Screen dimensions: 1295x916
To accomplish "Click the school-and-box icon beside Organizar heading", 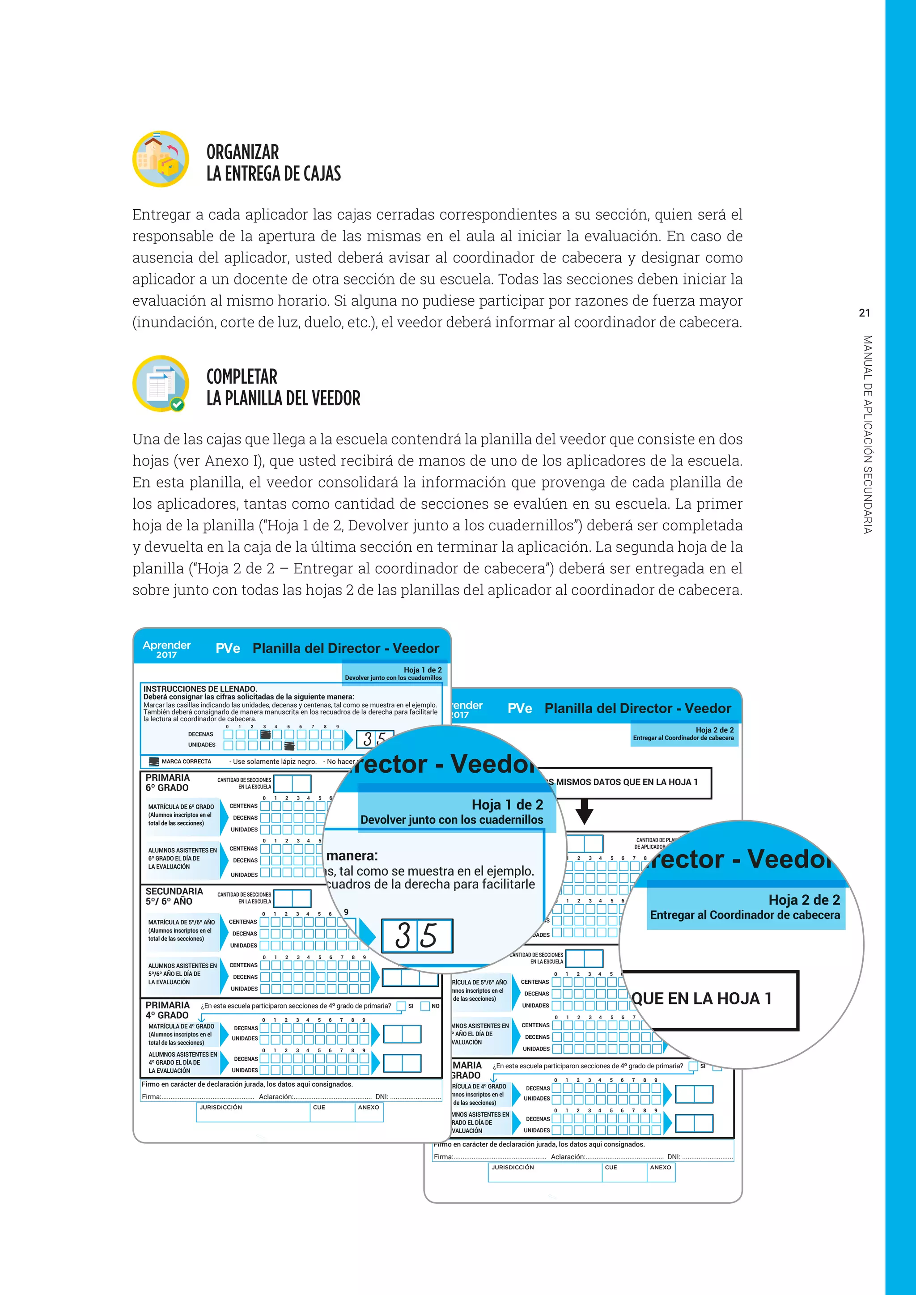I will point(161,159).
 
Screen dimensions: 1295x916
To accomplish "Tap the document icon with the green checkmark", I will point(161,384).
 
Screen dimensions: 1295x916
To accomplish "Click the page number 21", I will point(865,313).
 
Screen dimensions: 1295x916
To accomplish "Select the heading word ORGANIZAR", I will point(242,152).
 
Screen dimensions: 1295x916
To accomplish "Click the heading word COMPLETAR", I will point(242,377).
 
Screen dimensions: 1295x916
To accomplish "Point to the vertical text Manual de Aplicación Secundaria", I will point(868,434).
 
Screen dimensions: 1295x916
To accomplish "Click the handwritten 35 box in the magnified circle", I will point(417,936).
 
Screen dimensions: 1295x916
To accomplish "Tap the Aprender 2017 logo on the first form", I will point(166,649).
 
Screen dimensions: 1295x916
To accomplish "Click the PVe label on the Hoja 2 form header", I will point(519,709).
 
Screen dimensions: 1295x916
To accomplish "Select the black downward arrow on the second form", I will point(584,812).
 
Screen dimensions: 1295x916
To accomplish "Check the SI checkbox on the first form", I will point(401,1006).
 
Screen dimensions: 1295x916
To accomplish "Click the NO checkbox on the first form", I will point(425,1006).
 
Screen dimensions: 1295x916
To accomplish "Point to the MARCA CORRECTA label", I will point(186,762).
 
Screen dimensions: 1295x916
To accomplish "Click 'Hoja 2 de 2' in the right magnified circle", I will point(804,900).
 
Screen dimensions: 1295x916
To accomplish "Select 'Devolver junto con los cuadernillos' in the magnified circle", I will point(452,820).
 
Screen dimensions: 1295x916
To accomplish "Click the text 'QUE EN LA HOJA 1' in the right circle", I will point(701,999).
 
